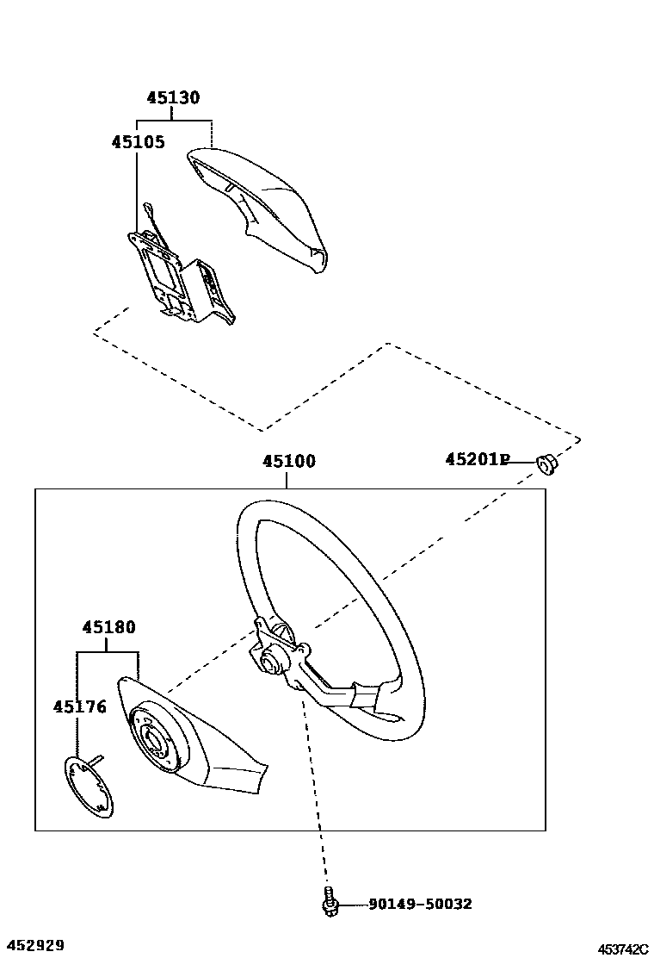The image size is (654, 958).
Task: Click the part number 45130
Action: tap(173, 98)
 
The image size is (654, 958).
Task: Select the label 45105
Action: tap(138, 141)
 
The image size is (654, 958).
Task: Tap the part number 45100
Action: tap(289, 462)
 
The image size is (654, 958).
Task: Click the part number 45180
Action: tap(109, 627)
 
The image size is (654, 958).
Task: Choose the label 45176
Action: tap(80, 707)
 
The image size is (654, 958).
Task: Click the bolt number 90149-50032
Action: tap(420, 905)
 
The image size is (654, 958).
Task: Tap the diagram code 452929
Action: tap(33, 946)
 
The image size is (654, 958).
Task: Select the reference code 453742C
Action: tap(623, 949)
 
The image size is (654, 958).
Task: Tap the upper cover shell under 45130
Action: tap(258, 202)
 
